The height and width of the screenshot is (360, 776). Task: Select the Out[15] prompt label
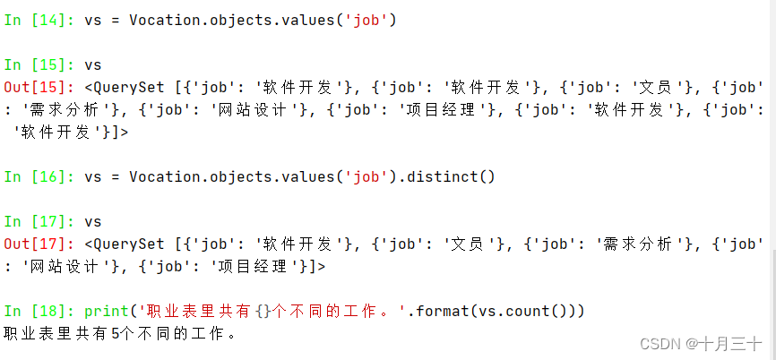point(39,87)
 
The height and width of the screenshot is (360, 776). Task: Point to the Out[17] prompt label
point(39,244)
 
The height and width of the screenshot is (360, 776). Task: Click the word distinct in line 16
point(447,176)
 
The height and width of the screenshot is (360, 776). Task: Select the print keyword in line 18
point(107,311)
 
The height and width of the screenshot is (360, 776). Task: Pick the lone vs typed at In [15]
point(93,64)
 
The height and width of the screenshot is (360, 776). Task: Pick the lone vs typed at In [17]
point(93,221)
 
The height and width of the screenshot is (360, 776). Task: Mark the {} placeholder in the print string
point(261,311)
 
